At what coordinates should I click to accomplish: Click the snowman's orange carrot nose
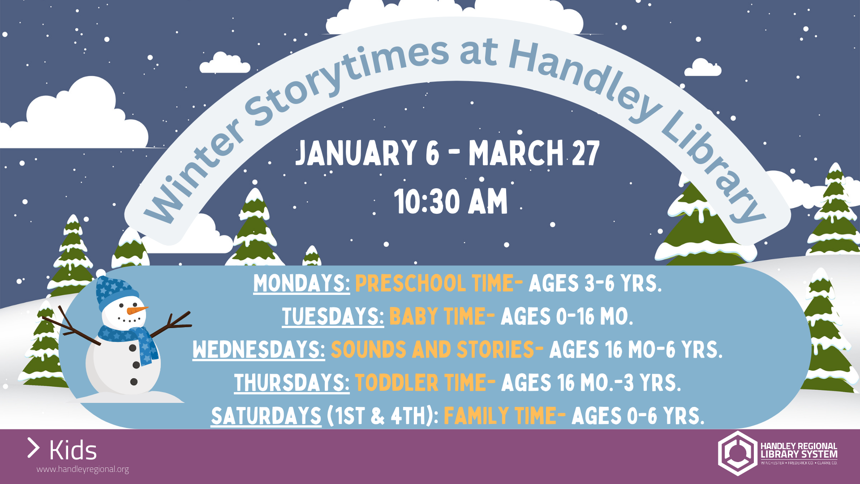(137, 310)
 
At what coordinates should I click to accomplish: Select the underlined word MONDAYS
(301, 283)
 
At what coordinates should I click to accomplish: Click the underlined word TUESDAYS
(333, 316)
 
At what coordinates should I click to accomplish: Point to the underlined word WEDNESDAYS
(259, 350)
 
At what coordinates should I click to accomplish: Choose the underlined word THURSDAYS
(292, 383)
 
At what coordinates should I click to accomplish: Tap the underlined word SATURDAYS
(266, 416)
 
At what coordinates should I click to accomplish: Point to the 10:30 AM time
(451, 202)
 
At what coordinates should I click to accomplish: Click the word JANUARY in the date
(356, 153)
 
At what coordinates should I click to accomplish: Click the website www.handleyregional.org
(83, 469)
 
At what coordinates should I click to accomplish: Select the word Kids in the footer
(73, 450)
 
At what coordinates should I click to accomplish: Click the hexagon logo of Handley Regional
(737, 453)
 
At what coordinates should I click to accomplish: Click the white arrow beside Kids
(34, 448)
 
